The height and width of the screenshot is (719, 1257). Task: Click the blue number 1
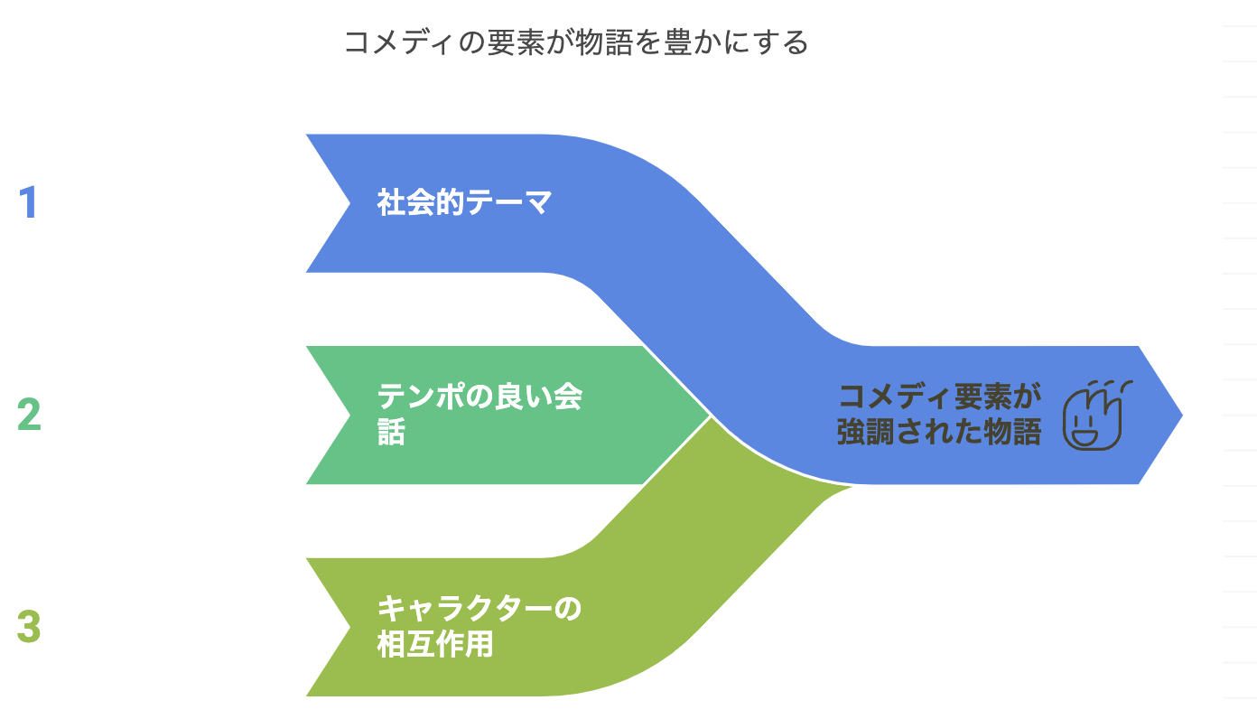point(28,202)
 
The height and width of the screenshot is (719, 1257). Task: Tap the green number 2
point(29,415)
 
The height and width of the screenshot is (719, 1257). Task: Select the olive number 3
point(29,626)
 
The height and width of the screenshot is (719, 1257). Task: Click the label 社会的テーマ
point(464,202)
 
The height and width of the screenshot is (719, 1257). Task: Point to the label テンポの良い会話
point(480,415)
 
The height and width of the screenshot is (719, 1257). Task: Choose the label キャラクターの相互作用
point(479,626)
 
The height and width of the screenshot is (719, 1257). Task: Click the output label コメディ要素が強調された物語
point(939,415)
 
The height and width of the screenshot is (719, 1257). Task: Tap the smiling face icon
point(1096,415)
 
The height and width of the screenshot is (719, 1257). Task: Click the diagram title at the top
point(576,42)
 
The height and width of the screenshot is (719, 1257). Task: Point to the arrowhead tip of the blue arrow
point(1182,416)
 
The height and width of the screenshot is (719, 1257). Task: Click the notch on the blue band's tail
point(350,203)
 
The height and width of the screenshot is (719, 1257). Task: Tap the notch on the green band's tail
point(350,416)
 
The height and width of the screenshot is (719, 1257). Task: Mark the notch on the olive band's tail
point(350,628)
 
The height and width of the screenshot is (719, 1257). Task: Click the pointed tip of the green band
point(711,416)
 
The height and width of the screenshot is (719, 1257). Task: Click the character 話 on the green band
point(391,432)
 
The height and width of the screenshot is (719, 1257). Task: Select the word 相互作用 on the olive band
point(435,644)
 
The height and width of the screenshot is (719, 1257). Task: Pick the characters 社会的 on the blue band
point(420,202)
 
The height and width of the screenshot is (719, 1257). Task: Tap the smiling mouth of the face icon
point(1085,436)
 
